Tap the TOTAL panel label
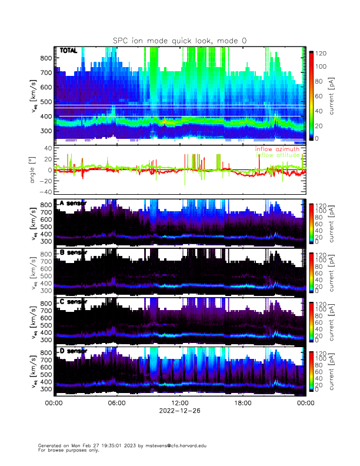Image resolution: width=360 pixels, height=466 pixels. [x=68, y=51]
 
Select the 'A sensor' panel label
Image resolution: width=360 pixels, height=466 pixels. [x=72, y=204]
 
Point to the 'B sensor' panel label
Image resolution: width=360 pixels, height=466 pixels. [x=72, y=253]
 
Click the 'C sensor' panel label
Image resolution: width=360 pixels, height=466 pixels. [x=72, y=302]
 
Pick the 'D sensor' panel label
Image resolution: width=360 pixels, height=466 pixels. [x=72, y=351]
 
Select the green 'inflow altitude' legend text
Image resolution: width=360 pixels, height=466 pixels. [x=280, y=156]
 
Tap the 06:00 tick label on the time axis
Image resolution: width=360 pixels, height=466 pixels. [x=116, y=403]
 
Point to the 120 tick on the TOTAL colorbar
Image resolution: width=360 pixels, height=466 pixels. [x=322, y=54]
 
